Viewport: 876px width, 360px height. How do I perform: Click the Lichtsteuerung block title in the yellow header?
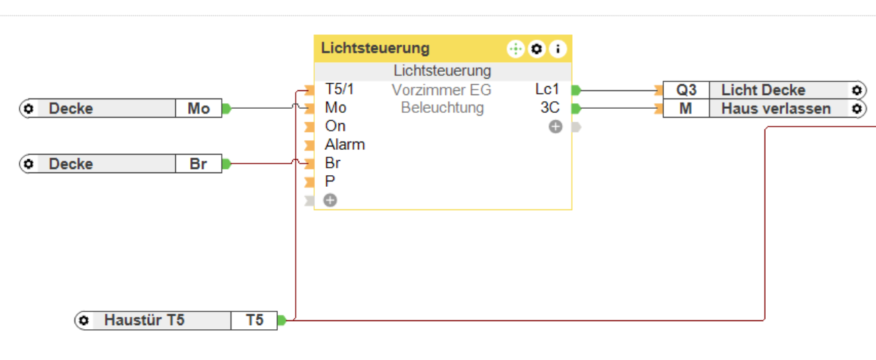pos(375,49)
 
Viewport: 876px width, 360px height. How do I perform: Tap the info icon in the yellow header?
pos(558,49)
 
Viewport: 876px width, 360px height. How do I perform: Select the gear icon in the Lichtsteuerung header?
pos(537,49)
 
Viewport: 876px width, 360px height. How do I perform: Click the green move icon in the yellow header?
pos(515,49)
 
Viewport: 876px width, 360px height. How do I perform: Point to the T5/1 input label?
pos(339,90)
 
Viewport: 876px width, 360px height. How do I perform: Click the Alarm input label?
pos(344,144)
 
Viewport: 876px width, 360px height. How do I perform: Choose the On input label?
pos(335,126)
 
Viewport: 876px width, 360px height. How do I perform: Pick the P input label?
pos(330,181)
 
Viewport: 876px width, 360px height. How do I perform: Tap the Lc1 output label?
pos(547,90)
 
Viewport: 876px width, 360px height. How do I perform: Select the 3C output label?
pos(550,108)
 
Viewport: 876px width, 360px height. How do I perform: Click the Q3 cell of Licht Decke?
pos(686,90)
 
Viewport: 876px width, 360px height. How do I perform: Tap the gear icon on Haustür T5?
pos(83,320)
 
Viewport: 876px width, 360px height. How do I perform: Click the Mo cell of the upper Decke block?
pos(198,108)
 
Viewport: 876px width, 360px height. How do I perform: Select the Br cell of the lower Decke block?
pos(198,164)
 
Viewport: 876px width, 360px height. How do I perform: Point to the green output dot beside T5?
pos(281,320)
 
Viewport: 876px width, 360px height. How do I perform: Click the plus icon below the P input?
pos(331,201)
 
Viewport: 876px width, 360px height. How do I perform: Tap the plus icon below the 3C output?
pos(555,127)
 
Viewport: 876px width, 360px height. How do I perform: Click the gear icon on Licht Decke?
pos(856,90)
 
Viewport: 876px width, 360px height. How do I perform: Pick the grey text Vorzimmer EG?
pos(441,90)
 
